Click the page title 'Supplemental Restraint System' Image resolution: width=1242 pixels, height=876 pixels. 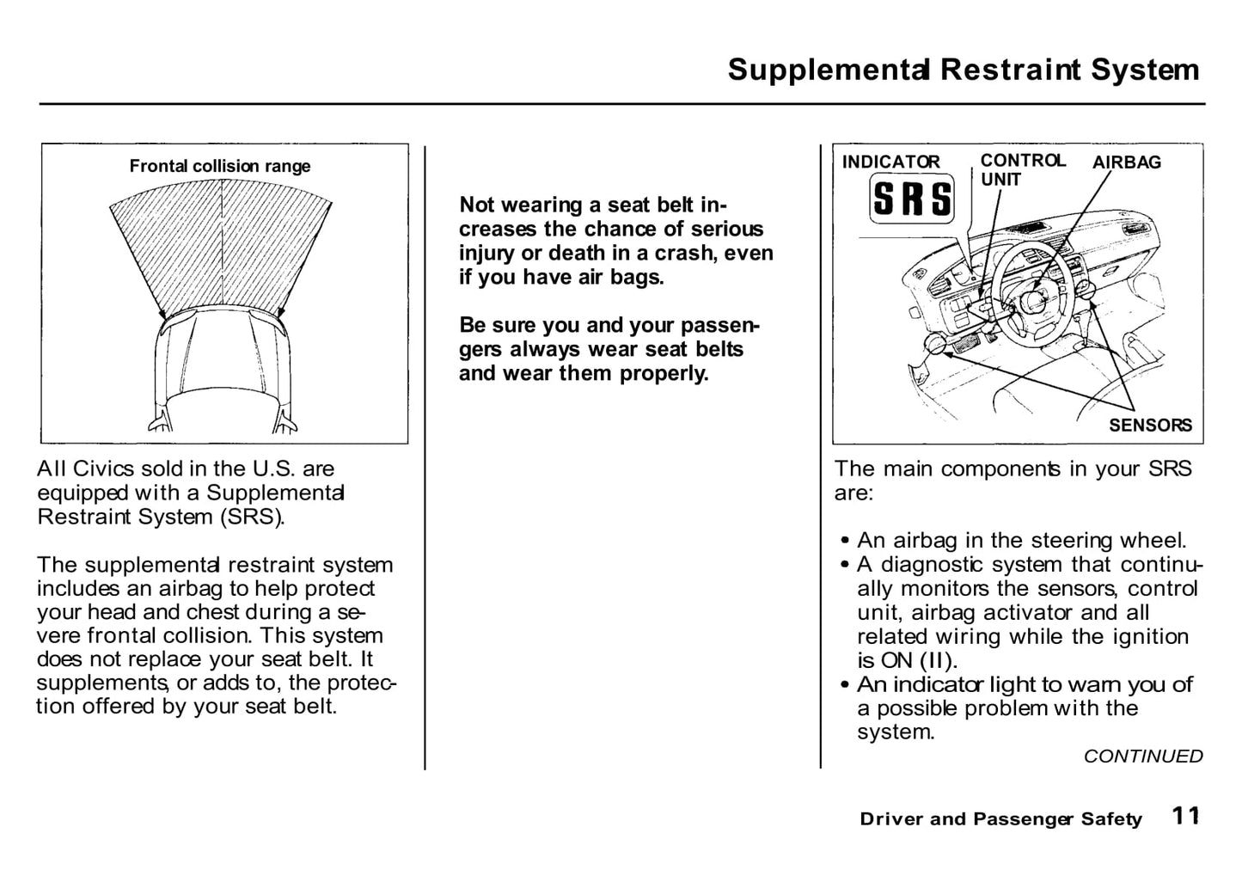click(964, 70)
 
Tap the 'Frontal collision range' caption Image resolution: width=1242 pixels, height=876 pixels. click(219, 166)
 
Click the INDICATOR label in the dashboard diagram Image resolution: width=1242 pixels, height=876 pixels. click(890, 162)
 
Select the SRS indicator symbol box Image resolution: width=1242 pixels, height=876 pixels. click(912, 199)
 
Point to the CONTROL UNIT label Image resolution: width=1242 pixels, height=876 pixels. click(1023, 169)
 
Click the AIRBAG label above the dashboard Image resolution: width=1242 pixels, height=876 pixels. click(1126, 162)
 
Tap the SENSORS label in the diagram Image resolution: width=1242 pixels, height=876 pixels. click(1150, 426)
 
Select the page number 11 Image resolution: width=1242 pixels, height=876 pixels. click(1186, 816)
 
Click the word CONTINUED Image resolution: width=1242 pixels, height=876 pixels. click(1143, 757)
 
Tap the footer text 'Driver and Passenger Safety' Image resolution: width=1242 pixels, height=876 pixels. click(1000, 819)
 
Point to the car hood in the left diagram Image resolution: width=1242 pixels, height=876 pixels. click(222, 355)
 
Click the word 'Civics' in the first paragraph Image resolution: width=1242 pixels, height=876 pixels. click(103, 469)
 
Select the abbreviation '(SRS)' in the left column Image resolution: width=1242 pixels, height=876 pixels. click(253, 518)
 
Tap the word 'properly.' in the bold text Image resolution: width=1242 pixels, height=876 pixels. click(664, 374)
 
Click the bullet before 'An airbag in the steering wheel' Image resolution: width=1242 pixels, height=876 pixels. click(844, 540)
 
